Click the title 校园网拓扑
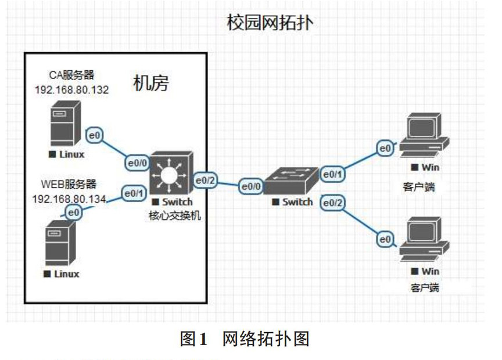click(x=270, y=23)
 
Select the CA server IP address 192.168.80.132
click(x=72, y=89)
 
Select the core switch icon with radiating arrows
click(x=170, y=174)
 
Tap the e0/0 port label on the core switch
click(x=138, y=163)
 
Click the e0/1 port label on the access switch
click(x=334, y=174)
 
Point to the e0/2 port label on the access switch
click(x=334, y=203)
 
